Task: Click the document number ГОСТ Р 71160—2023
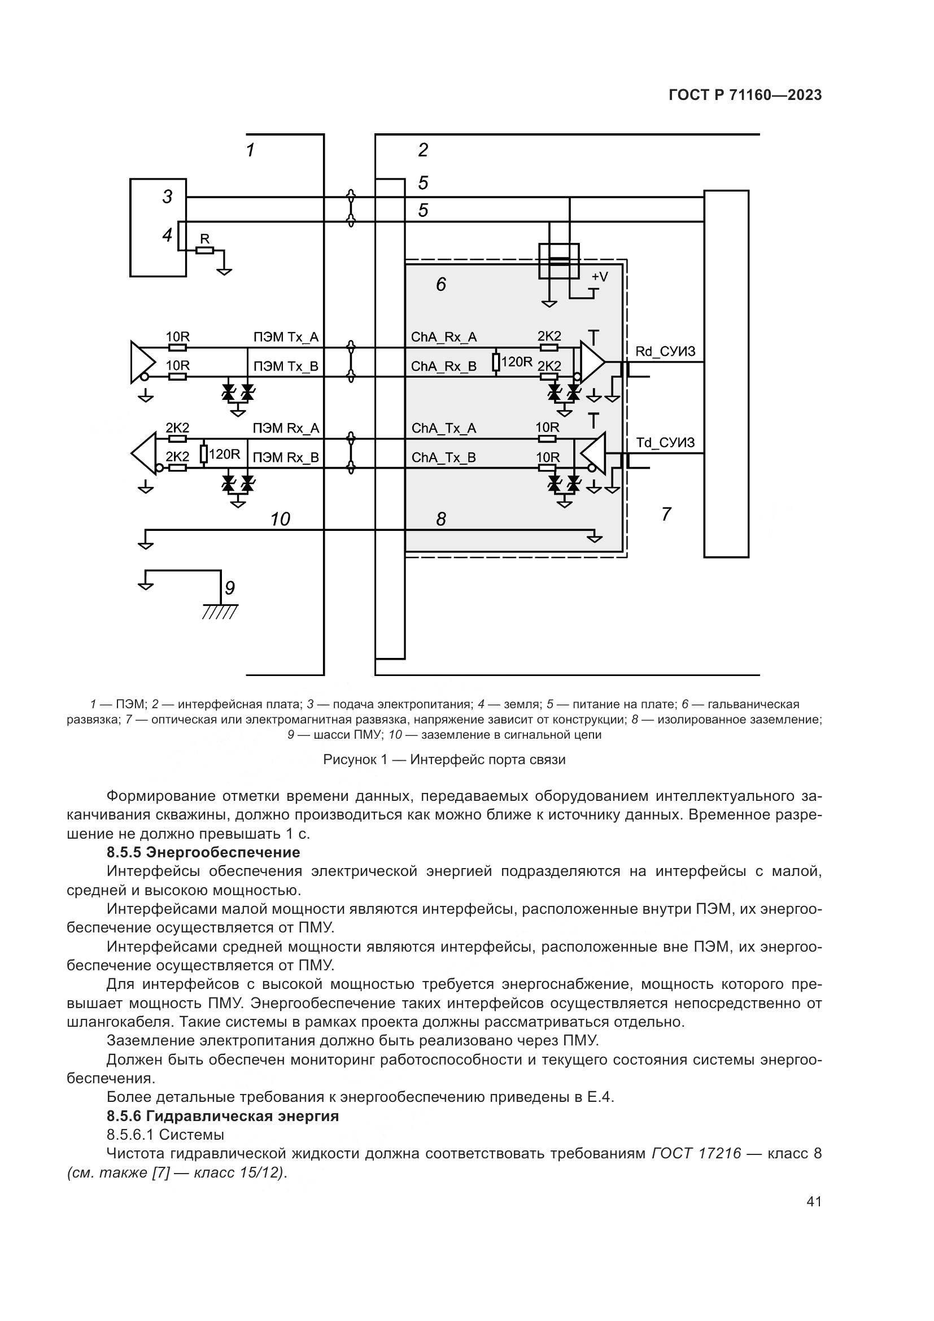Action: point(745,95)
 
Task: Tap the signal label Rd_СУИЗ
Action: point(665,351)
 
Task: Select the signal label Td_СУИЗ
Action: point(665,442)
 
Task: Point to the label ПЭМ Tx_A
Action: point(286,337)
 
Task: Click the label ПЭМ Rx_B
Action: point(286,457)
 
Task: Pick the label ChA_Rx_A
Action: point(443,337)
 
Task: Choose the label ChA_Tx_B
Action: point(443,457)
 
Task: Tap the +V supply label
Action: point(599,277)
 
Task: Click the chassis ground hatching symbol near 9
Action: point(220,612)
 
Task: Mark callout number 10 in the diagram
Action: point(280,519)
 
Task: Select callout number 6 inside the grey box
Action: point(441,284)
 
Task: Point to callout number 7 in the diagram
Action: point(666,514)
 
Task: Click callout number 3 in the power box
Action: point(167,197)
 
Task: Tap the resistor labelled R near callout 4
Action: point(205,250)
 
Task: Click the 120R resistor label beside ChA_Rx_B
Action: point(517,362)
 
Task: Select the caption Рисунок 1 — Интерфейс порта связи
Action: point(444,760)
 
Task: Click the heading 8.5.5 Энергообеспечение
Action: point(204,852)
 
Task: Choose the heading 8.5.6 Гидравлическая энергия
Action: point(222,1115)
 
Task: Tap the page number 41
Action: point(814,1201)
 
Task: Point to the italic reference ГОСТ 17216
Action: point(696,1154)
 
